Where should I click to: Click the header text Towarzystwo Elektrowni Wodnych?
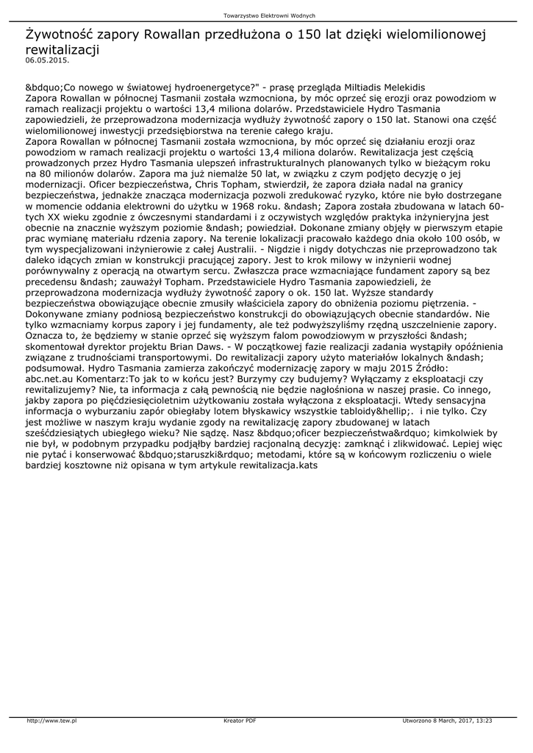[269, 15]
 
